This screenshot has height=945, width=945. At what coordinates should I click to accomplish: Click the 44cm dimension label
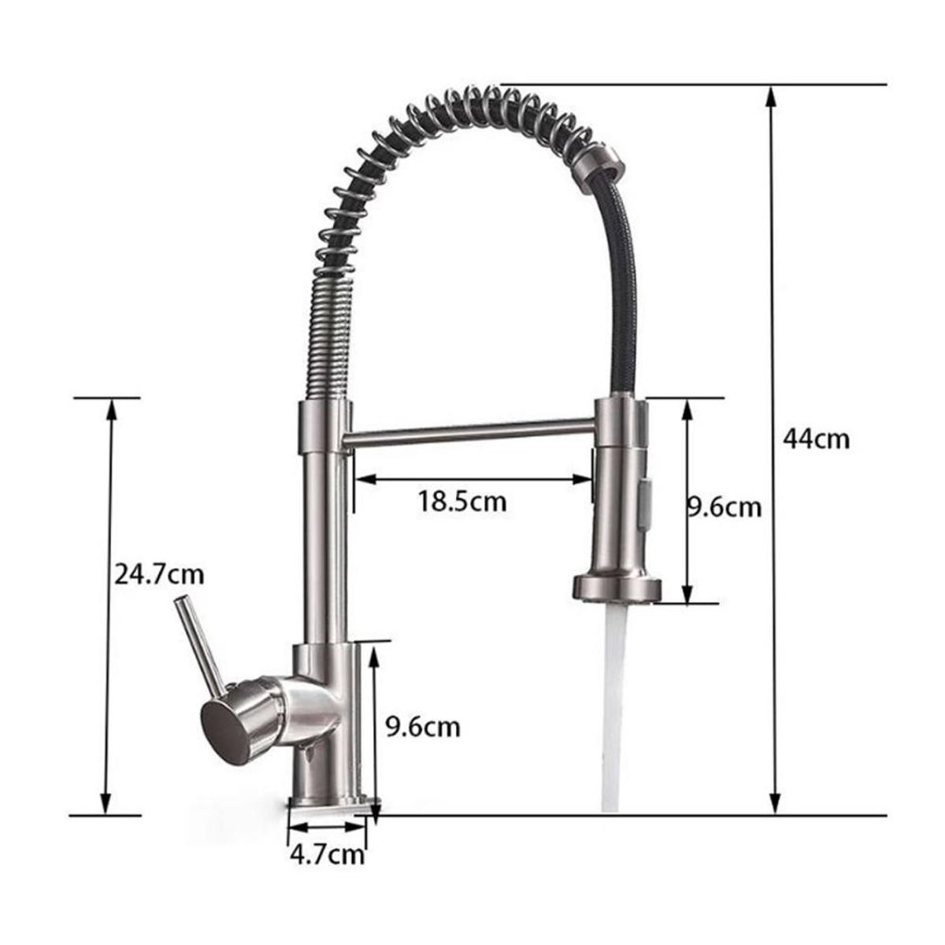[816, 439]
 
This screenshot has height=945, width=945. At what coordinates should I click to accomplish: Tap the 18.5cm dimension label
[462, 501]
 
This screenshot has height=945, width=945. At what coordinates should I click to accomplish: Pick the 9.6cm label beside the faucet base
[422, 726]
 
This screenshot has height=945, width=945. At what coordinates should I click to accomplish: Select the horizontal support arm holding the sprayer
[471, 431]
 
